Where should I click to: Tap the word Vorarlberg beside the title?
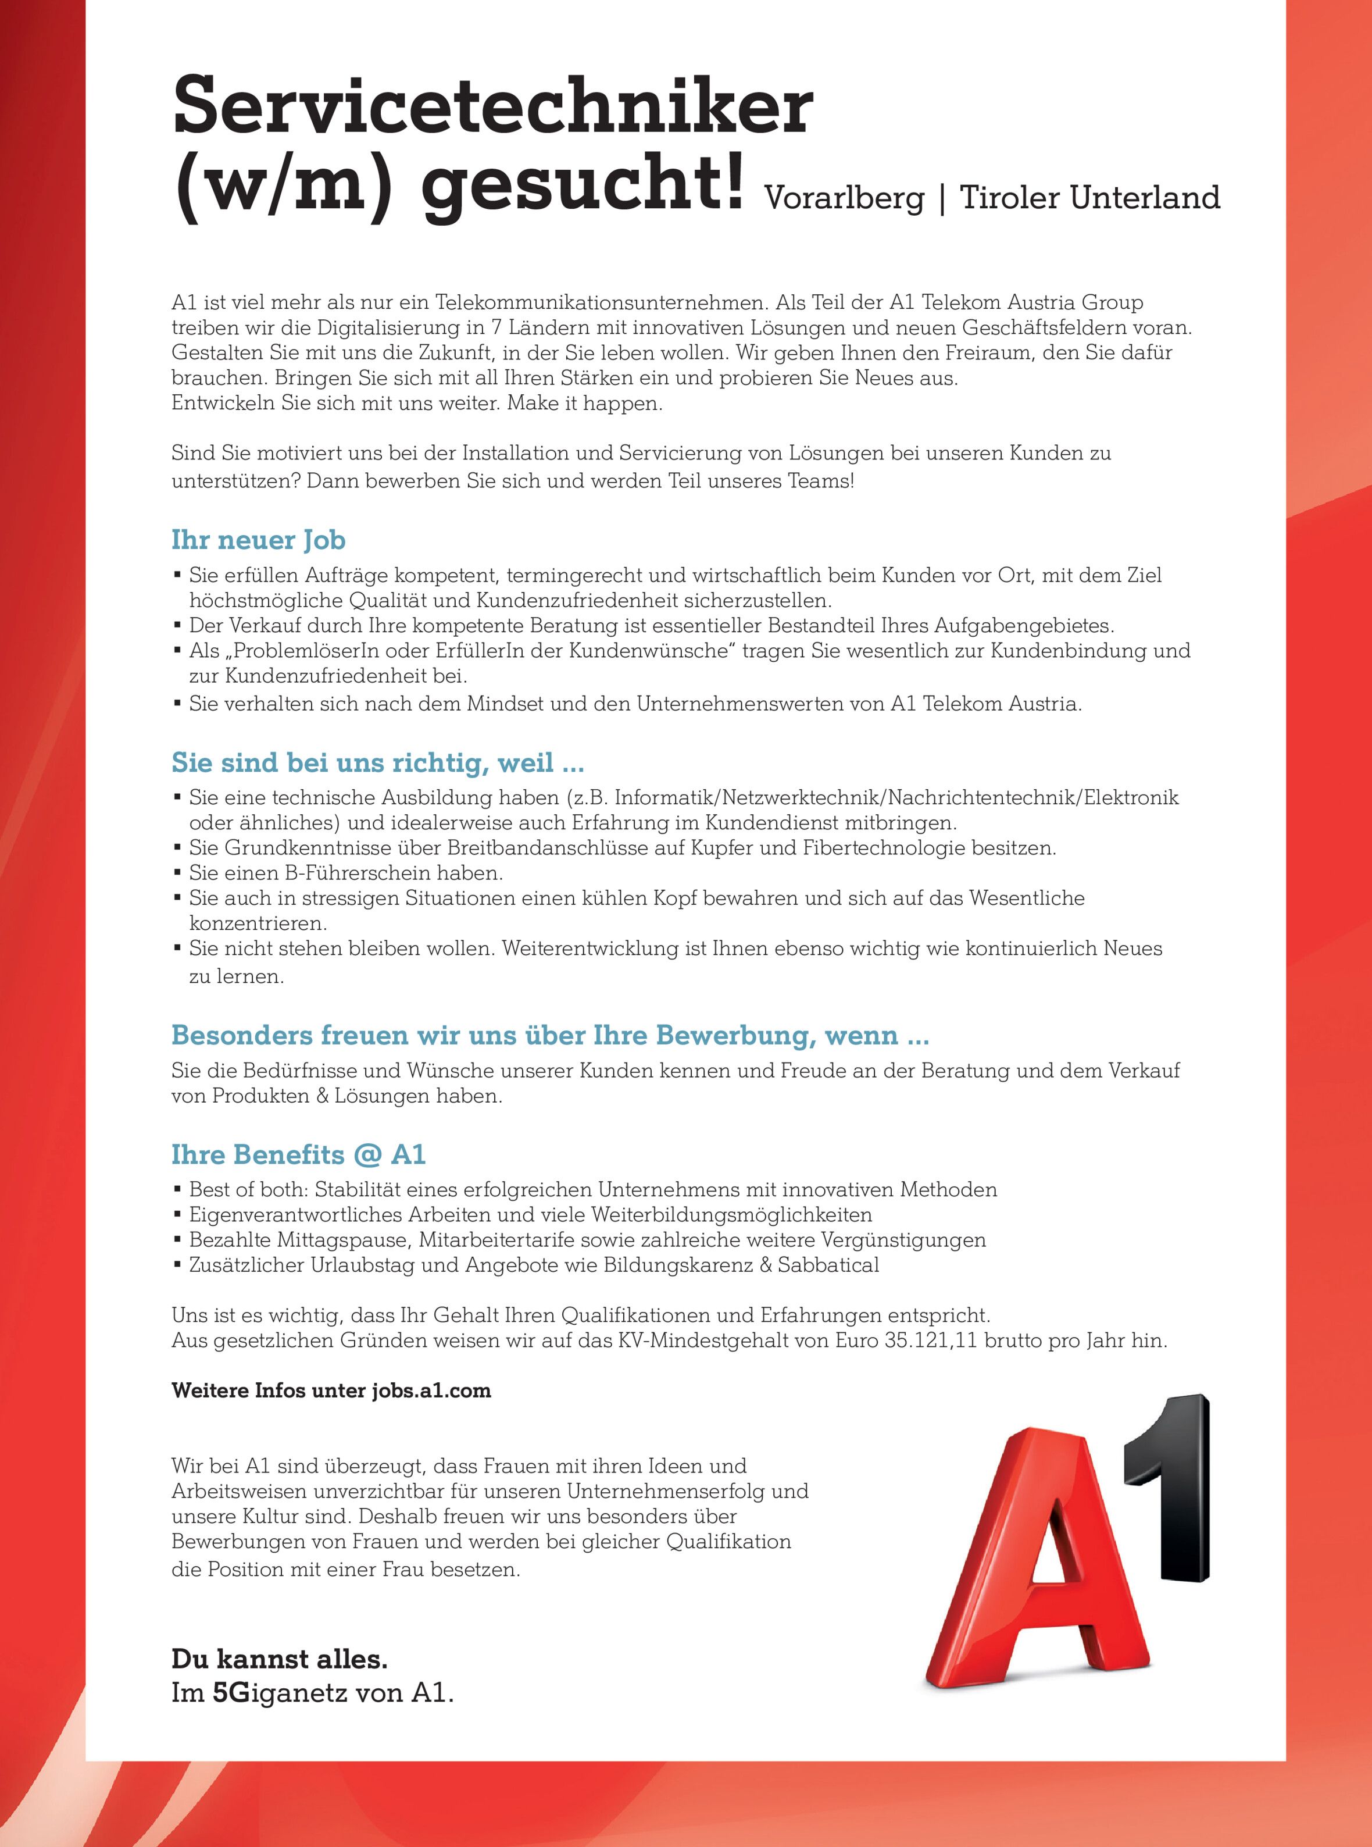click(x=843, y=198)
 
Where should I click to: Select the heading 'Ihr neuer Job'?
click(x=258, y=540)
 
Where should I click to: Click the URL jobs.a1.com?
click(x=431, y=1391)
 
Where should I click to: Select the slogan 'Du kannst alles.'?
click(x=279, y=1659)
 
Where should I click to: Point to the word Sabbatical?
click(x=828, y=1265)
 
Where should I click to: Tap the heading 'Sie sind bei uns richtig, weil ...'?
click(x=377, y=763)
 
